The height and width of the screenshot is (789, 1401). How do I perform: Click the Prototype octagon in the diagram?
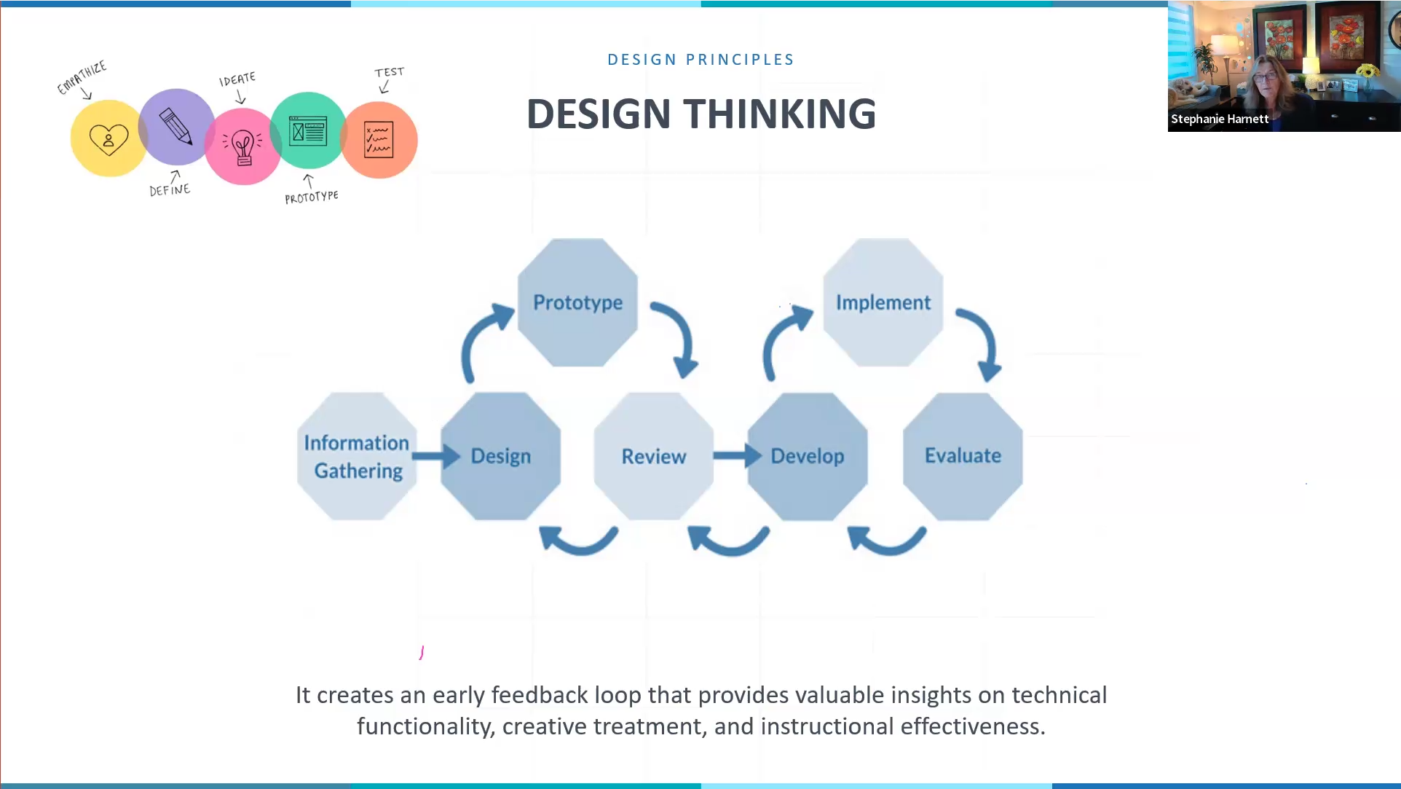(x=577, y=302)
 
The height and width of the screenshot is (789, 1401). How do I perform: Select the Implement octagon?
(x=883, y=302)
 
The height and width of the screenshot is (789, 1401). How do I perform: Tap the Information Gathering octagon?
(x=357, y=456)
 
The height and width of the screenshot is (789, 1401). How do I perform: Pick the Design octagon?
(x=501, y=456)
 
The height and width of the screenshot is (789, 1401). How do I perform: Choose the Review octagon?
(x=654, y=456)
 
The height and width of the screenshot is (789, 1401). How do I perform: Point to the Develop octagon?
(x=808, y=456)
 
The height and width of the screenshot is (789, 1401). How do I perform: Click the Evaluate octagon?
(x=963, y=456)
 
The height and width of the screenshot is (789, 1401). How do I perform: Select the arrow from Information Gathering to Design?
(x=436, y=456)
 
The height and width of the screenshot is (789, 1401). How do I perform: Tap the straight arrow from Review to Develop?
(x=738, y=456)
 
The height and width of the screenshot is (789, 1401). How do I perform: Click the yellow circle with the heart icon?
(x=108, y=138)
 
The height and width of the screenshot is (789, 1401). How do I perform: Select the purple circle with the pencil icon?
(x=176, y=127)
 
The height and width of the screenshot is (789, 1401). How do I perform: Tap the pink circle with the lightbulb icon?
(x=243, y=146)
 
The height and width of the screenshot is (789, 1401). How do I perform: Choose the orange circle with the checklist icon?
(x=379, y=140)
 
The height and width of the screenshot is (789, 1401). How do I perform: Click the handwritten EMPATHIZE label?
(x=82, y=77)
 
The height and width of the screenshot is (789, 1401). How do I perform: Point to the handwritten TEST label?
(x=389, y=72)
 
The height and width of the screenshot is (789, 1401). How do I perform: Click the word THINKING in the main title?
(x=780, y=114)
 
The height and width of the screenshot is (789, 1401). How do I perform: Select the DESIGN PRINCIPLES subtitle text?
(x=701, y=60)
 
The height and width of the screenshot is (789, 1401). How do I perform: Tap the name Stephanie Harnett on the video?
(x=1220, y=119)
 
